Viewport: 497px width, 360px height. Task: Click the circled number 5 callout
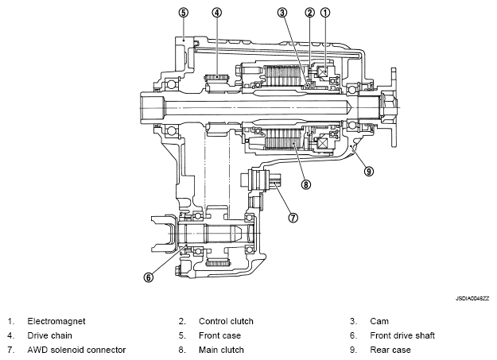[x=183, y=13]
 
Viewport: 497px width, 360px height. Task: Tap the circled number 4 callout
[x=217, y=13]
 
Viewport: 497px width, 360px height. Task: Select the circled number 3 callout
[x=282, y=13]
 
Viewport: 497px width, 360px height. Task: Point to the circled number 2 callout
[x=310, y=13]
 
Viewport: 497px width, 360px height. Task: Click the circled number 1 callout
[x=325, y=13]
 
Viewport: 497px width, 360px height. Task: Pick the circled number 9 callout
[x=369, y=172]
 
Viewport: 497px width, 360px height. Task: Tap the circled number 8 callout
[x=306, y=184]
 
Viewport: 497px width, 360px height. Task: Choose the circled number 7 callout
[x=293, y=218]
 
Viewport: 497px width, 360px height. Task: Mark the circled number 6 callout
[x=149, y=277]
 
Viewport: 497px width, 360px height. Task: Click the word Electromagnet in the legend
[x=56, y=321]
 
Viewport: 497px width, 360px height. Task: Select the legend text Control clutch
[x=226, y=321]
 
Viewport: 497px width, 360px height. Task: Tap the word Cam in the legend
[x=379, y=321]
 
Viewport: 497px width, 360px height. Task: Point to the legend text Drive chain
[x=50, y=335]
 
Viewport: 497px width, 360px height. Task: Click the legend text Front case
[x=219, y=335]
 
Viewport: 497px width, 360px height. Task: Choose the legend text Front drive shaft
[x=402, y=335]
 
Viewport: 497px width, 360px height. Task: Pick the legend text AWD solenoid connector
[x=76, y=350]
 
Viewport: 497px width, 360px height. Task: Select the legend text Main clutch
[x=221, y=350]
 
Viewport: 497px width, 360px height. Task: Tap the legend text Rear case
[x=390, y=350]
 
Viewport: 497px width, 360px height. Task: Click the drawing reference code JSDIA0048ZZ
[x=472, y=299]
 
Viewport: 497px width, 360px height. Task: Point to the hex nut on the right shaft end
[x=388, y=108]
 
